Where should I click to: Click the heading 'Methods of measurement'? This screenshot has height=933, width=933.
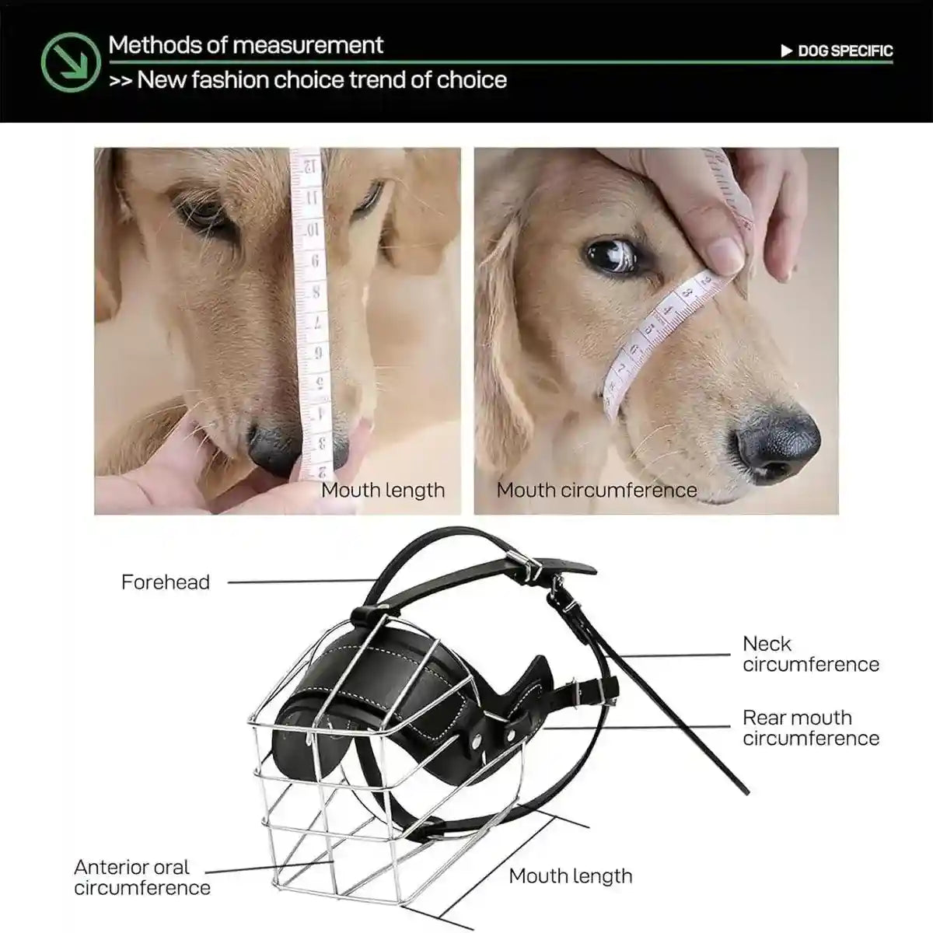pyautogui.click(x=246, y=45)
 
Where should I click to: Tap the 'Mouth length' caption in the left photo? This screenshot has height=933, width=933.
pyautogui.click(x=383, y=491)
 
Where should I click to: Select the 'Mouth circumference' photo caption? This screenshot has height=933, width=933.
pyautogui.click(x=596, y=491)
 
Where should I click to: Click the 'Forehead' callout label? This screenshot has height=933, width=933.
pyautogui.click(x=166, y=582)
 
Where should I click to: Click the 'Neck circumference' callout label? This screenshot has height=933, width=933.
pyautogui.click(x=810, y=654)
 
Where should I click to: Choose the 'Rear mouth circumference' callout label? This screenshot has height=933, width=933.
pyautogui.click(x=810, y=728)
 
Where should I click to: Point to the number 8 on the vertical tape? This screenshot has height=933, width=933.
pyautogui.click(x=315, y=292)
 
